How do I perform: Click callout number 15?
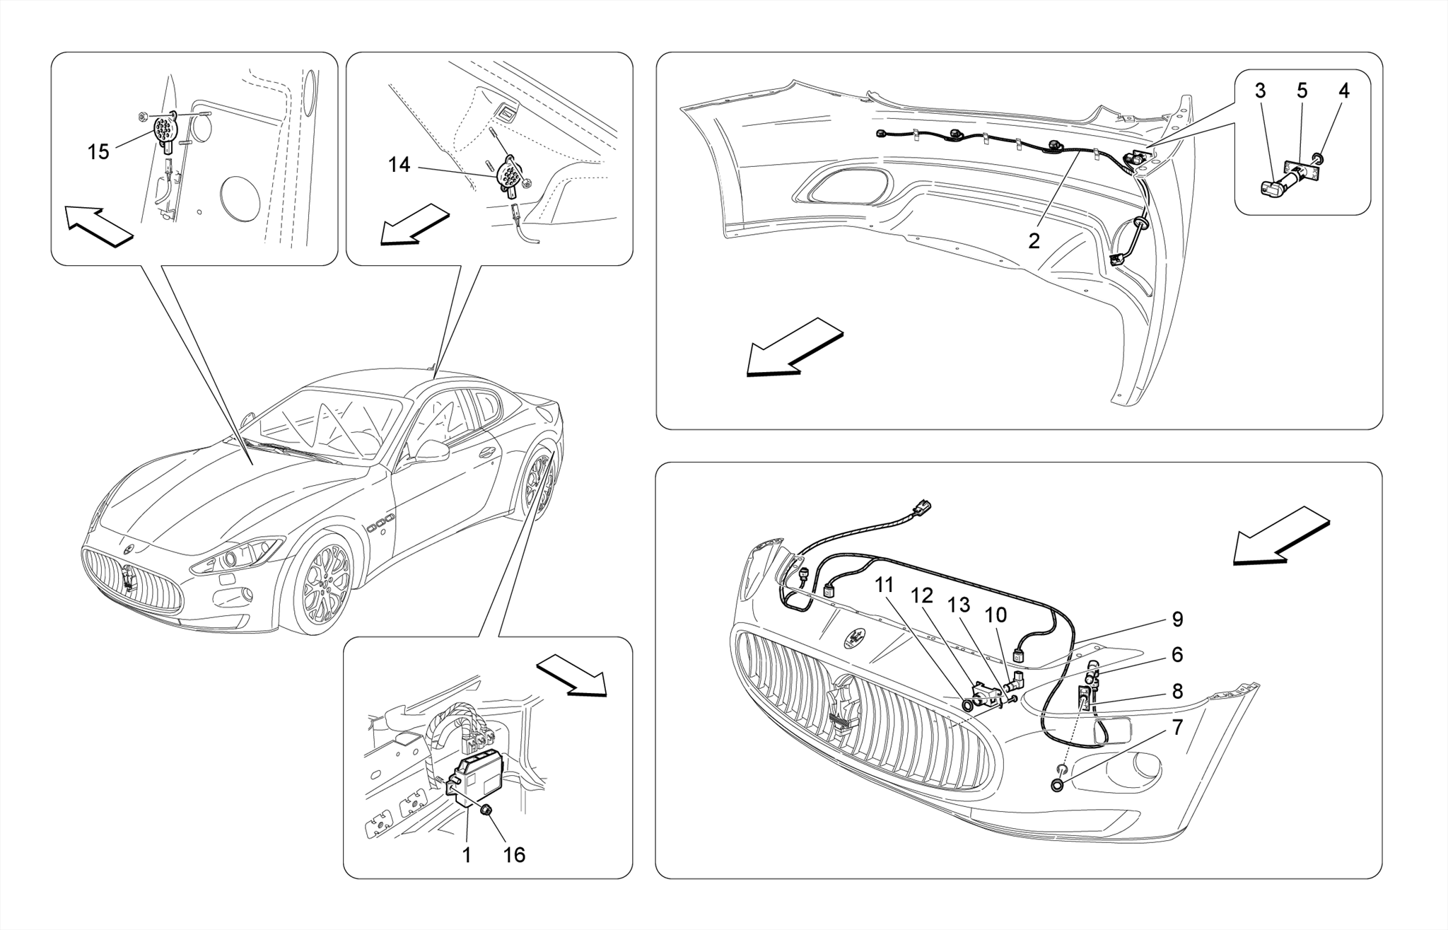98,151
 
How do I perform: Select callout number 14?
399,165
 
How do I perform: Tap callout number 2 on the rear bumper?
1034,241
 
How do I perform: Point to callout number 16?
514,855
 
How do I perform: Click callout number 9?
1176,620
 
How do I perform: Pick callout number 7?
1176,727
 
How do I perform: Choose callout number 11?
884,586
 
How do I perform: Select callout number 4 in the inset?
1343,91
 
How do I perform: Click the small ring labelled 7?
1058,784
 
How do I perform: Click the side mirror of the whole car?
431,451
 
